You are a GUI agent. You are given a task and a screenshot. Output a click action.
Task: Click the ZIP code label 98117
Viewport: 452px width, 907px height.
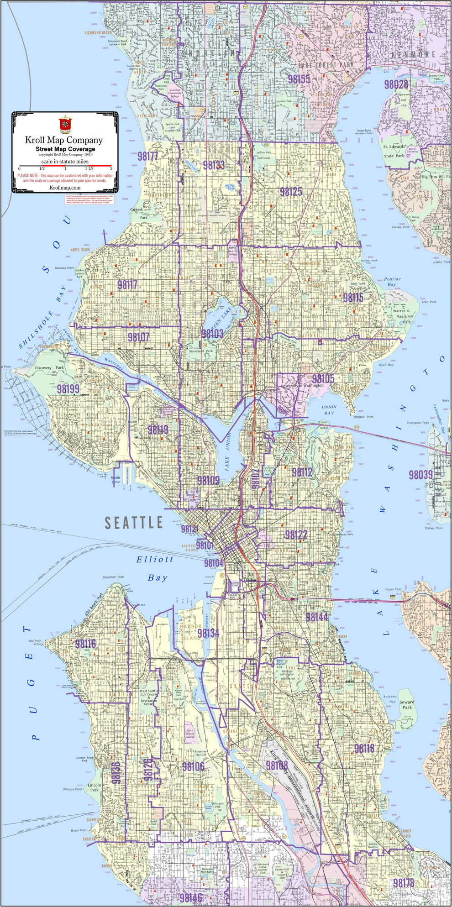127,285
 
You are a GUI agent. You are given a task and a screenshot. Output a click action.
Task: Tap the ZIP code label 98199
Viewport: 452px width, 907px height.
68,389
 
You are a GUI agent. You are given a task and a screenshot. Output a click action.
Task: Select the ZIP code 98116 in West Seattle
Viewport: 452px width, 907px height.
85,644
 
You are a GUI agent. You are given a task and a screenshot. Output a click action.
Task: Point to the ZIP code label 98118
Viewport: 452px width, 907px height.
364,748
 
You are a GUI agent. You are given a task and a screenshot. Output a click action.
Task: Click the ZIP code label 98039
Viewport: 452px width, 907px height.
420,475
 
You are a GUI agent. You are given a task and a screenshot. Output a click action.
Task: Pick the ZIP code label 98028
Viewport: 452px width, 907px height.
396,84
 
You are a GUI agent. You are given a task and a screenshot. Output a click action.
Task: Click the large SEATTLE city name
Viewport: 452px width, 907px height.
134,523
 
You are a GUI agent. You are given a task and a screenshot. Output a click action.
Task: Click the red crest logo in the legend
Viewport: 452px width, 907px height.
65,124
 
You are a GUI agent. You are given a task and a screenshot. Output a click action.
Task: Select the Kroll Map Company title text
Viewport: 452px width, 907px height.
64,140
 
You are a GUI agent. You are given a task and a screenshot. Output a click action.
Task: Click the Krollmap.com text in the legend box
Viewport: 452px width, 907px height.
64,188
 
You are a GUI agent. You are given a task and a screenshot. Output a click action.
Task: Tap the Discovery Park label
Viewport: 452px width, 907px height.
49,367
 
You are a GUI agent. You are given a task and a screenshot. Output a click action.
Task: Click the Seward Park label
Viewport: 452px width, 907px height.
407,705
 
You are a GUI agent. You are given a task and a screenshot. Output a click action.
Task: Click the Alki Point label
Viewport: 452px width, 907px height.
35,641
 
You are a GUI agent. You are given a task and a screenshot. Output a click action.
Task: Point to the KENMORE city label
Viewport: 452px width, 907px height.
412,55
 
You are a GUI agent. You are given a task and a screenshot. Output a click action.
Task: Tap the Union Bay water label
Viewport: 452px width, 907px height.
329,410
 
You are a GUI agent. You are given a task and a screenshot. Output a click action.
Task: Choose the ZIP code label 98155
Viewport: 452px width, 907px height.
299,79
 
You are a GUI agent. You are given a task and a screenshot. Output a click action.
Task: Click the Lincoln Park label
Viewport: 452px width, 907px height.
94,787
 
